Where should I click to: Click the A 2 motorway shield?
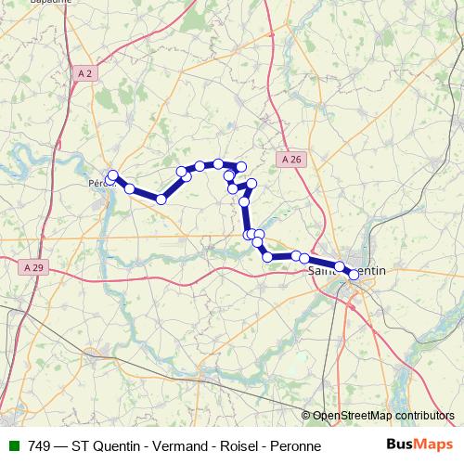(x=85, y=72)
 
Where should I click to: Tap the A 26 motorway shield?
(x=290, y=160)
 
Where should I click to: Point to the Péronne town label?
(x=104, y=182)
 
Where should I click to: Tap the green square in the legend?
(x=13, y=446)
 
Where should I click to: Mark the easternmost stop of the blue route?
(x=354, y=275)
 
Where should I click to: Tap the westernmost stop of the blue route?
(x=112, y=175)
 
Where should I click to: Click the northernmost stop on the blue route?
(x=218, y=163)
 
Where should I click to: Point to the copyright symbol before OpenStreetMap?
(x=307, y=416)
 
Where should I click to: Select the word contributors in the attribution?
(x=423, y=416)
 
